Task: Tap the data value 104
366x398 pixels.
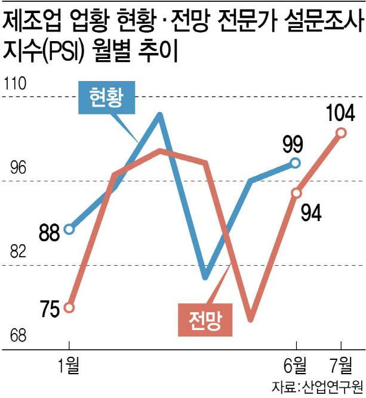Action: click(341, 113)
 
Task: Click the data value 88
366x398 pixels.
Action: click(50, 233)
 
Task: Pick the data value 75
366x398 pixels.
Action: click(50, 309)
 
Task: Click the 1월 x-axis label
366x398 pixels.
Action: click(70, 363)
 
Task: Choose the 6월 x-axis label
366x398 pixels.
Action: click(296, 363)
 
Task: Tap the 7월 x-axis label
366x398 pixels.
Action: click(341, 363)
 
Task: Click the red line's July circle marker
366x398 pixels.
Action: click(341, 132)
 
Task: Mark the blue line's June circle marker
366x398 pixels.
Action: click(296, 162)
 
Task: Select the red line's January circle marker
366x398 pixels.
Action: click(69, 307)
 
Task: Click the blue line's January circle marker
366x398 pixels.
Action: click(69, 229)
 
